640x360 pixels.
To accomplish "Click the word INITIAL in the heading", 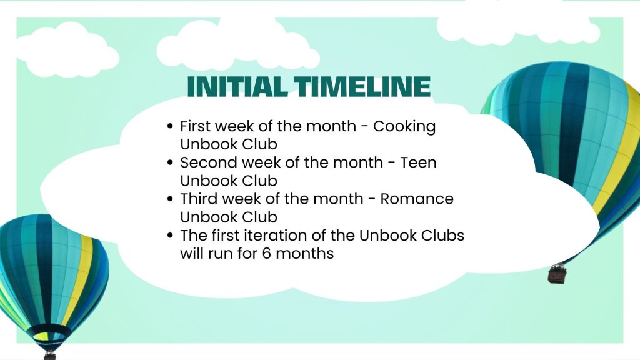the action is (x=237, y=86).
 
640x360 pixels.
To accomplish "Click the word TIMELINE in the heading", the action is (x=362, y=86).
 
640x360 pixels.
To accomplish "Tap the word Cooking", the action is (x=404, y=127).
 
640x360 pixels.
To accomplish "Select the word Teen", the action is (x=418, y=162).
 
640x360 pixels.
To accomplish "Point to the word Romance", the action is (x=417, y=199).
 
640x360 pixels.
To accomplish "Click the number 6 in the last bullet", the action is (x=266, y=254).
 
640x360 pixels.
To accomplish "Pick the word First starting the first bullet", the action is (x=195, y=126).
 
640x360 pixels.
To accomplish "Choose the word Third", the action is (x=198, y=199).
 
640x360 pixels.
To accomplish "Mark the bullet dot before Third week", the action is (x=170, y=199).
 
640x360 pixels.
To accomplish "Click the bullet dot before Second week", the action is (x=170, y=163).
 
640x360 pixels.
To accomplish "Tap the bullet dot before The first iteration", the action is (x=170, y=236).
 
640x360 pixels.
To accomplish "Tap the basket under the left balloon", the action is (x=50, y=356).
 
